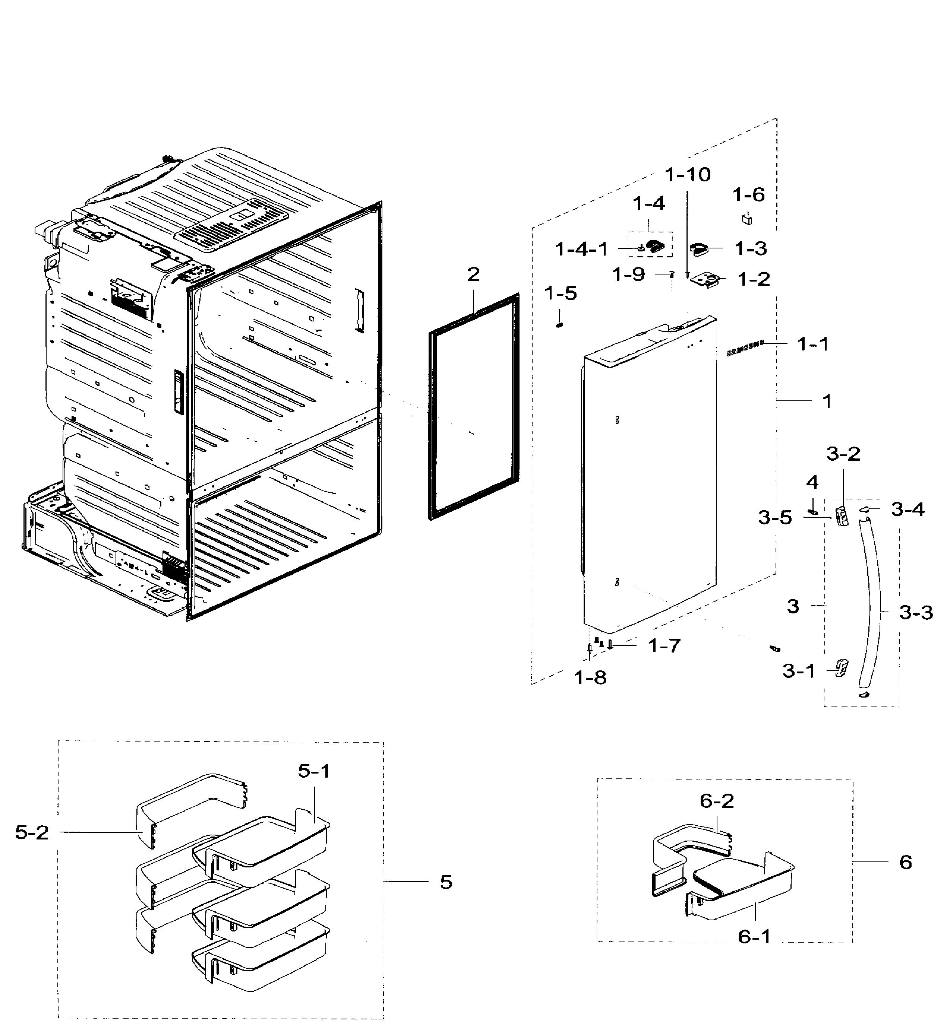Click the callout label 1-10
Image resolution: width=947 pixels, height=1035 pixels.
click(x=688, y=175)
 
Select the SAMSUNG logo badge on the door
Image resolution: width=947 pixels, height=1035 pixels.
click(x=745, y=348)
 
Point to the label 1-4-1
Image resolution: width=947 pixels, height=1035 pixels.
click(x=581, y=250)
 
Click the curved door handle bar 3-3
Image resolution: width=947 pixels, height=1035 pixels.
click(x=870, y=606)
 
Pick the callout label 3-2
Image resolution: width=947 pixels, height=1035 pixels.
click(x=843, y=454)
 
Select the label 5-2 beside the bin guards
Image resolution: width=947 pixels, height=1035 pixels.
click(x=32, y=833)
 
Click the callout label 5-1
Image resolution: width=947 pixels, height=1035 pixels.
click(x=314, y=771)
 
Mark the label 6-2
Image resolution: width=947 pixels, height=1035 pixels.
click(x=717, y=800)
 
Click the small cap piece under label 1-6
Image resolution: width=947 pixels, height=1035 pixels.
click(x=748, y=219)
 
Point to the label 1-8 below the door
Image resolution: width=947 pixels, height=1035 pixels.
click(x=590, y=678)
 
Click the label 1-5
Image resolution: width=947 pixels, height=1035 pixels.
click(x=560, y=293)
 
